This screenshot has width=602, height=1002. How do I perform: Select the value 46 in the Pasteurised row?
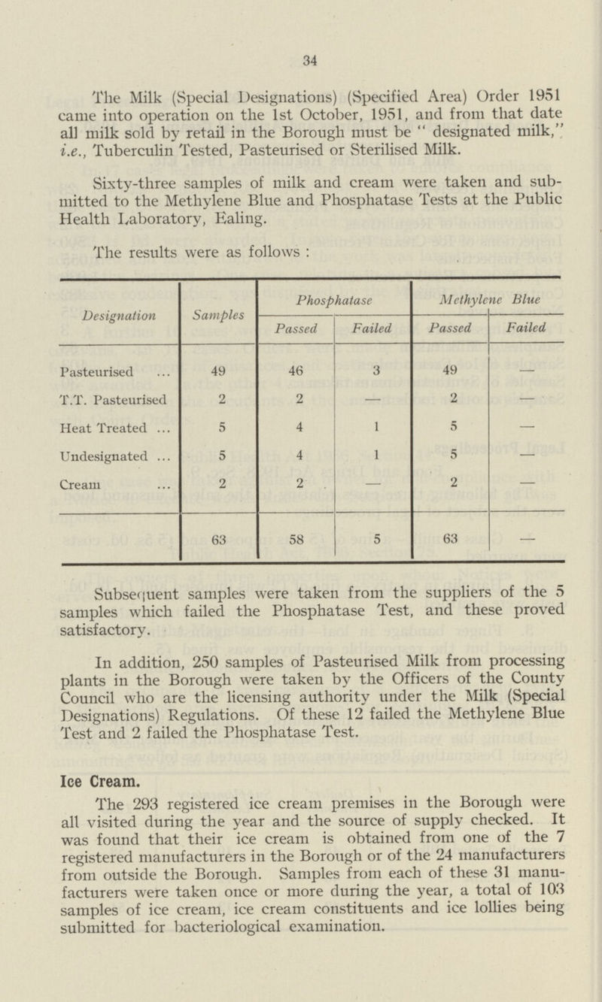pos(295,371)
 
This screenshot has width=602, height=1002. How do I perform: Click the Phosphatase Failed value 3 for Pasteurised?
pos(372,371)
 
